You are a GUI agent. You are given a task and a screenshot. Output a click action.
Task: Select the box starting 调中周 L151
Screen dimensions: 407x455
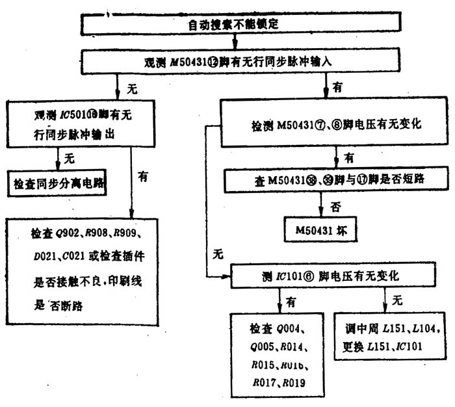coord(390,338)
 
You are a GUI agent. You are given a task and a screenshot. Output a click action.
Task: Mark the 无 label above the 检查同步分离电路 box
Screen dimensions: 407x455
coord(70,156)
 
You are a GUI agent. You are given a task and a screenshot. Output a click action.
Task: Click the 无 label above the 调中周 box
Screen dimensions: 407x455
coord(397,300)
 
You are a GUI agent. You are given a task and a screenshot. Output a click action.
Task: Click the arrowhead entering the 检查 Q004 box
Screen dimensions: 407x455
coord(280,308)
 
